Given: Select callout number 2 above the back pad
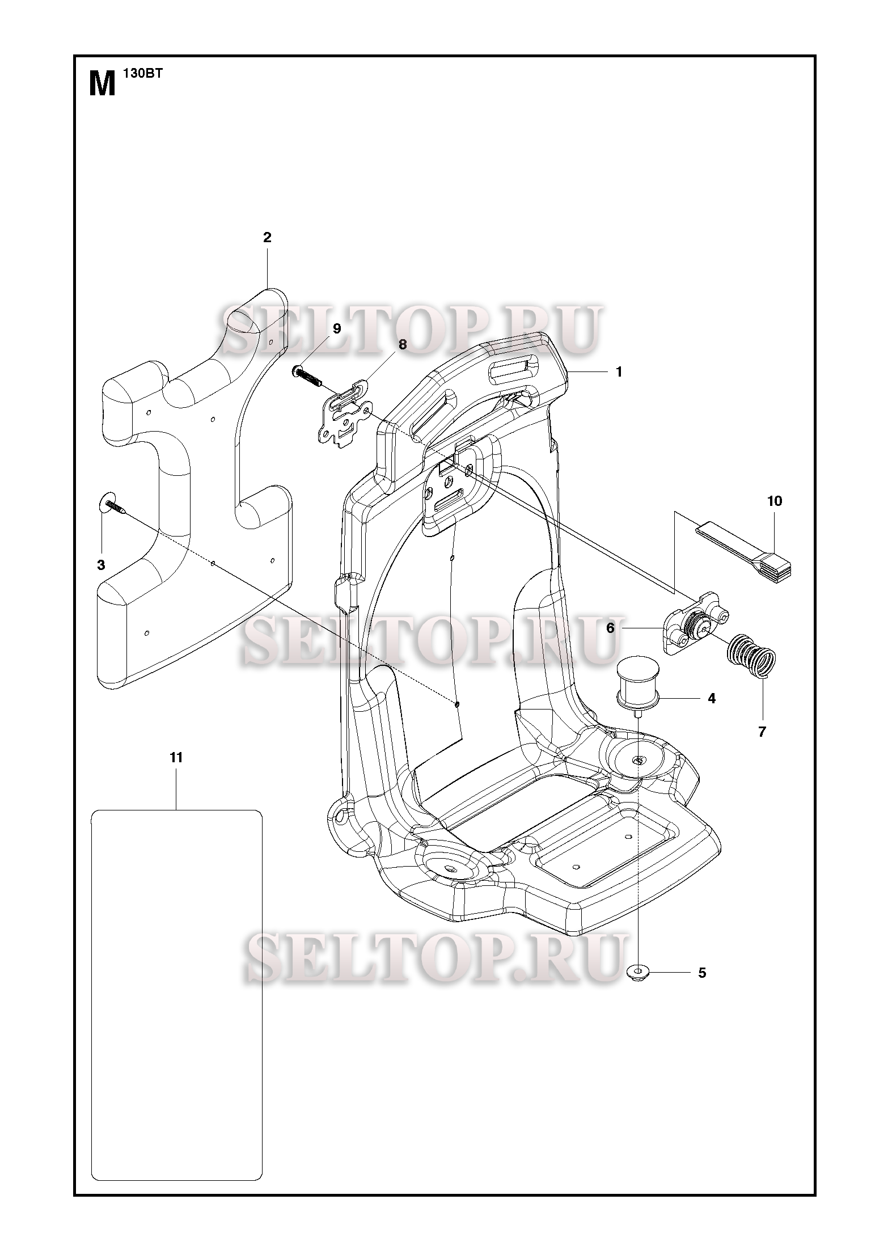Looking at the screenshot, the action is tap(267, 238).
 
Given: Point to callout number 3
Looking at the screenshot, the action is tap(101, 565).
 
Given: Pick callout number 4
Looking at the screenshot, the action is tap(712, 699).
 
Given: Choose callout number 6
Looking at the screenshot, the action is tap(610, 628).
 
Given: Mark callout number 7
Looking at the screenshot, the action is tap(762, 732).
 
